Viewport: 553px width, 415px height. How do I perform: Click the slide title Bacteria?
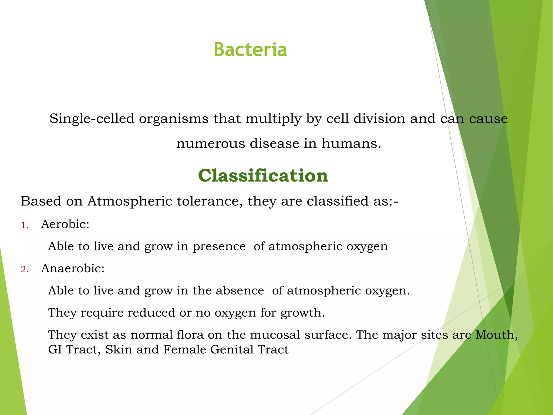point(250,50)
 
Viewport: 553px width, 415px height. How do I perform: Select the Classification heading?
point(263,176)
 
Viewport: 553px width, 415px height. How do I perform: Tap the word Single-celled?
point(92,119)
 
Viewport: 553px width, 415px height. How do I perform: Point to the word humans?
point(351,143)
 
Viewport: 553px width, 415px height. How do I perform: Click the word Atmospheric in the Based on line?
point(130,201)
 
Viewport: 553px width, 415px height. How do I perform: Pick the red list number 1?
point(25,225)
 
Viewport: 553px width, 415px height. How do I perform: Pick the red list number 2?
point(25,269)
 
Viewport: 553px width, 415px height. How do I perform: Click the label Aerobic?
point(65,224)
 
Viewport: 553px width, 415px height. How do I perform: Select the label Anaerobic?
point(73,268)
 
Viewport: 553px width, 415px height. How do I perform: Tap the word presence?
point(219,246)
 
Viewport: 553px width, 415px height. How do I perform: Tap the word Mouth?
point(496,335)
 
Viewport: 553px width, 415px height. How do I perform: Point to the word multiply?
point(273,119)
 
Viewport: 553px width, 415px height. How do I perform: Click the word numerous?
point(210,143)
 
